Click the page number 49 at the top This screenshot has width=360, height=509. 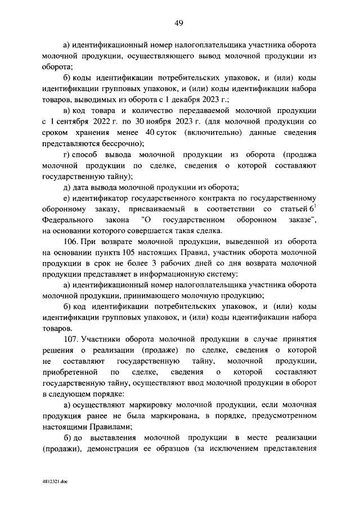click(x=179, y=23)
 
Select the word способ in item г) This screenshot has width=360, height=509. click(x=85, y=154)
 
